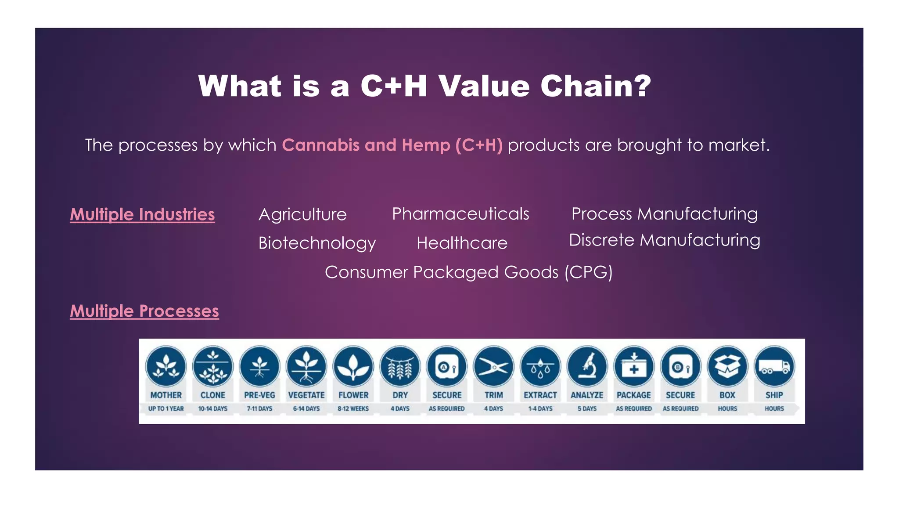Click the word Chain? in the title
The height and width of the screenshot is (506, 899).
(596, 86)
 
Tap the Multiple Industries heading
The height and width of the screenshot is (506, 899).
(142, 214)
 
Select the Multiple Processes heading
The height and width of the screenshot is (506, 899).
(144, 311)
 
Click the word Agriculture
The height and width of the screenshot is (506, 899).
(302, 215)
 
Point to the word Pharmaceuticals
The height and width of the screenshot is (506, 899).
(460, 214)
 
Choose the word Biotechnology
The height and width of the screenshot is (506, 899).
(317, 243)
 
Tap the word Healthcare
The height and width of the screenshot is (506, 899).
(462, 243)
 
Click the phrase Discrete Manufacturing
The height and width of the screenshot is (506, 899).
(664, 240)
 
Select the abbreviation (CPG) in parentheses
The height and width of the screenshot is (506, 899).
(588, 273)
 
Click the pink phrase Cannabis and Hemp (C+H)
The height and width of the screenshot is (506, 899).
(392, 145)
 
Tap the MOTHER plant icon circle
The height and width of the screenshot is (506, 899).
(166, 367)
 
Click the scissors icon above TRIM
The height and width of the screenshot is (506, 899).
(493, 367)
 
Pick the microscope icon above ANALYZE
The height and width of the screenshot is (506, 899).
(587, 367)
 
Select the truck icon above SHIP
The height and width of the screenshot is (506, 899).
(774, 367)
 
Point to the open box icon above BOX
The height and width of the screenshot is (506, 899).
(727, 367)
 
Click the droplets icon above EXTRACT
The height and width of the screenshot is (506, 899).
(540, 367)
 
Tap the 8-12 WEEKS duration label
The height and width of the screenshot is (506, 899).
(353, 408)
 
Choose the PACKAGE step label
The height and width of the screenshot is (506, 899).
(633, 395)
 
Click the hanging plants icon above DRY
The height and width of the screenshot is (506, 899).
(400, 367)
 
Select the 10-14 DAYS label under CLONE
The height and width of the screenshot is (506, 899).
(212, 408)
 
